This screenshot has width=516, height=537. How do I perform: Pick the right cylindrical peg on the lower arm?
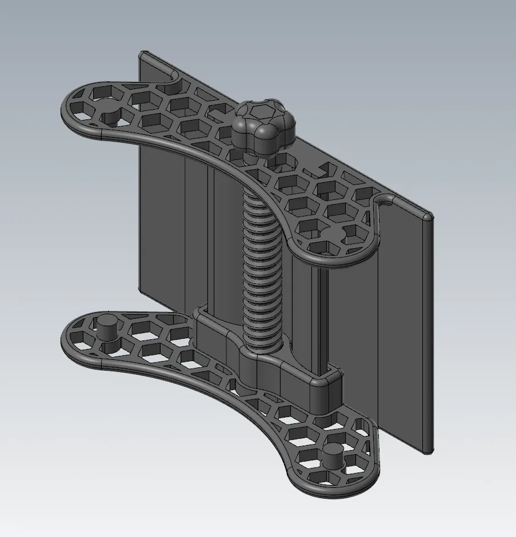click(x=330, y=456)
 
